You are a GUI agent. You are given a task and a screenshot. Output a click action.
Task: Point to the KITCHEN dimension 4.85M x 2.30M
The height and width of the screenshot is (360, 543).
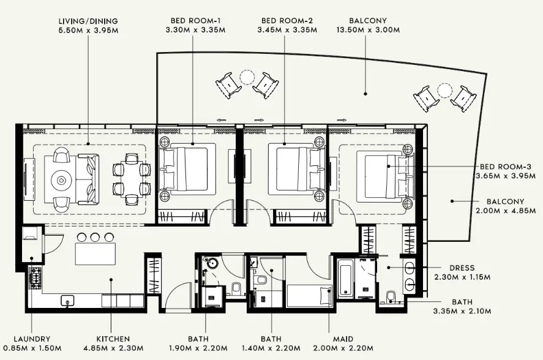(113, 348)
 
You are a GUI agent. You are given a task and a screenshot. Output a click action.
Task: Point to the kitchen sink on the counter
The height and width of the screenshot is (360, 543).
(67, 300)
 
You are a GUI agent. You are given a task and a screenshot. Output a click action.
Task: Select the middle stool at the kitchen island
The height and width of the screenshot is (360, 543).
(95, 237)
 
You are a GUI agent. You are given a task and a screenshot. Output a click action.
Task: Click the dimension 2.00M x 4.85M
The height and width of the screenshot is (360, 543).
(505, 211)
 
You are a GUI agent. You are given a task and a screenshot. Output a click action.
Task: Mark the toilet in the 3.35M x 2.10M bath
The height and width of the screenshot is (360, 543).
(391, 299)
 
